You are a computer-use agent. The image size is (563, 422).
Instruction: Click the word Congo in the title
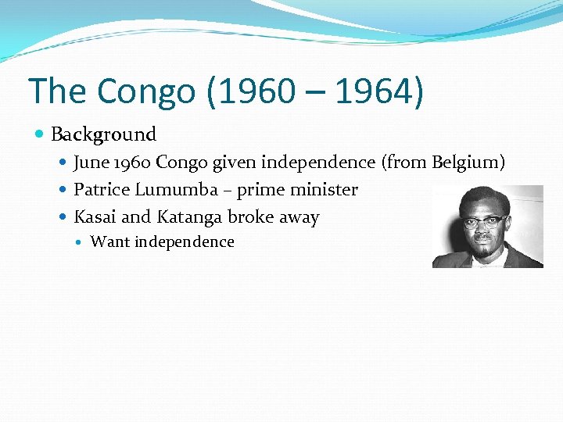(147, 91)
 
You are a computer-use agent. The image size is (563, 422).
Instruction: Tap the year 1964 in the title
(374, 91)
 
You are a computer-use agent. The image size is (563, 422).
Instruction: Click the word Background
(104, 134)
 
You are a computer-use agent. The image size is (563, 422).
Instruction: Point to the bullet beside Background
(41, 134)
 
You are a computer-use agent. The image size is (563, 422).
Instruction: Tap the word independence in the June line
(318, 163)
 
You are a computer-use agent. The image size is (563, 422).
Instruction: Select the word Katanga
(189, 217)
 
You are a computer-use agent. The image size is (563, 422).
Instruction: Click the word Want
(110, 242)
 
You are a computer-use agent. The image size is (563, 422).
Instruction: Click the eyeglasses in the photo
(484, 221)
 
